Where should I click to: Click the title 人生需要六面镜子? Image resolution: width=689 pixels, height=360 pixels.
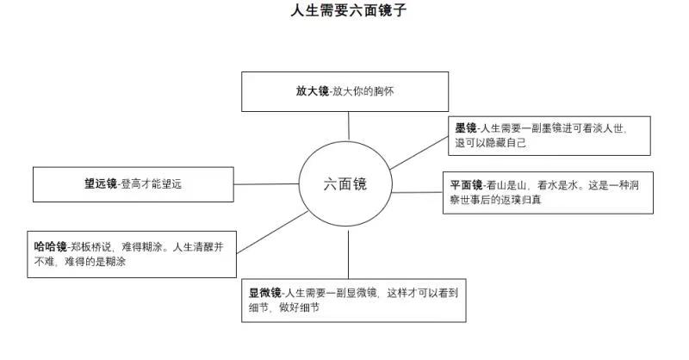pyautogui.click(x=349, y=10)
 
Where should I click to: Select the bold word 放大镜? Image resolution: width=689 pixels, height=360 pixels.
pyautogui.click(x=313, y=91)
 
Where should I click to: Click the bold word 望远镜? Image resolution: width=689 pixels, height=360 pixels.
pyautogui.click(x=101, y=183)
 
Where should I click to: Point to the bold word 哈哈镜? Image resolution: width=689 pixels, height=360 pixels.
pyautogui.click(x=51, y=246)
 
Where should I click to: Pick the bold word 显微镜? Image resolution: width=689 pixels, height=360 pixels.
pyautogui.click(x=265, y=293)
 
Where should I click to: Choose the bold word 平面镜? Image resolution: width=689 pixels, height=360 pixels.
pyautogui.click(x=466, y=185)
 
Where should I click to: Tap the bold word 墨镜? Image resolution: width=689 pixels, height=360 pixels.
pyautogui.click(x=466, y=128)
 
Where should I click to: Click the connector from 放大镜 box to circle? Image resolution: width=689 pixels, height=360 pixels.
pyautogui.click(x=349, y=126)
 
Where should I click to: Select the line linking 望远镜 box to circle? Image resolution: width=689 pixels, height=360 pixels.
pyautogui.click(x=266, y=184)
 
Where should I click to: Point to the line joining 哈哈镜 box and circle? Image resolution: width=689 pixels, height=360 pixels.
pyautogui.click(x=272, y=233)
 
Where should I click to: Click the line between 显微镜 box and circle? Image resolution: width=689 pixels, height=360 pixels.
pyautogui.click(x=349, y=255)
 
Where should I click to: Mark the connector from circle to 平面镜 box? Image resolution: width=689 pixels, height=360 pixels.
pyautogui.click(x=418, y=192)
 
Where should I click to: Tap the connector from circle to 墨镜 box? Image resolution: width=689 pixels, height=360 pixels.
pyautogui.click(x=419, y=153)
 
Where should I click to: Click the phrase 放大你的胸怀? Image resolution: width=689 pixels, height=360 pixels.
pyautogui.click(x=363, y=91)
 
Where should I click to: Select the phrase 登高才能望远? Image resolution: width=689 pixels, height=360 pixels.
pyautogui.click(x=152, y=183)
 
